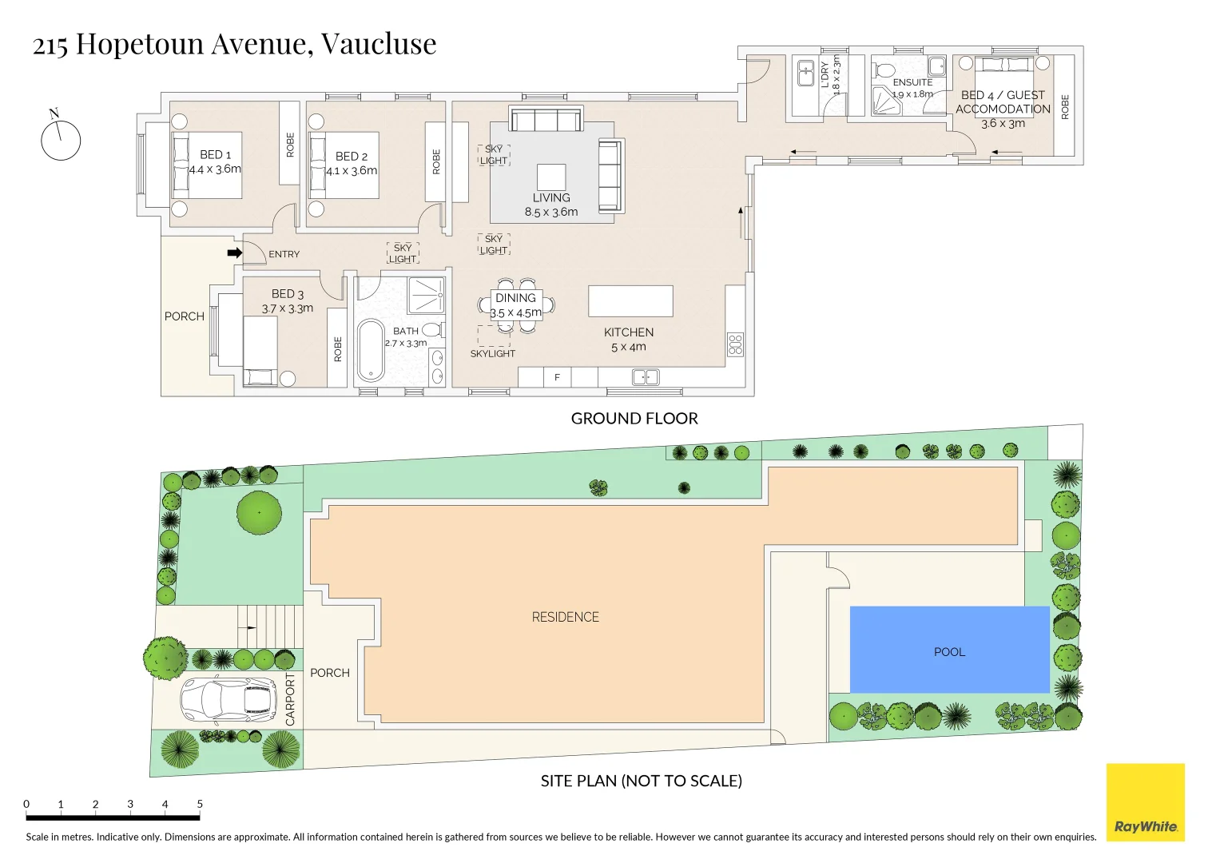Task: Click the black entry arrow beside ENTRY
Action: [x=234, y=253]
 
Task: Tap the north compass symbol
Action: [x=61, y=140]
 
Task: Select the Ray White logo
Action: [x=1145, y=802]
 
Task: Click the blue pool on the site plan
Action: [x=949, y=650]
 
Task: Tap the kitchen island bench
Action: [x=630, y=301]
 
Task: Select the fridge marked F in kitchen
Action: [x=557, y=377]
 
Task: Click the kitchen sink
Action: [x=646, y=376]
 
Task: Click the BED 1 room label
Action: [x=215, y=154]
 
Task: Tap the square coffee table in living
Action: [x=551, y=177]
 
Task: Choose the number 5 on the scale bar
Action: [x=200, y=804]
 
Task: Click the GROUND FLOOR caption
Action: [x=634, y=418]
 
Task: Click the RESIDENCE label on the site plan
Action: [x=565, y=617]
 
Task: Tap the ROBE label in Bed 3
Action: [x=337, y=348]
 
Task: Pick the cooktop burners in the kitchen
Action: [x=735, y=344]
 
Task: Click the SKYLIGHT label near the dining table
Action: [x=492, y=353]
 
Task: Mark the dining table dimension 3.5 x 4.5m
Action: [x=515, y=312]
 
